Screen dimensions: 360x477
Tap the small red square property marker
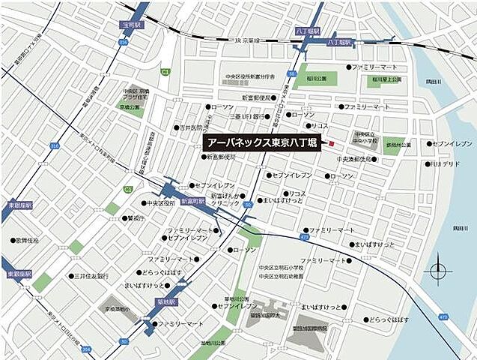tap(334, 143)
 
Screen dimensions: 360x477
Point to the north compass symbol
tap(437, 271)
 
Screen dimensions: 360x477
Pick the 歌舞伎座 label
tap(28, 241)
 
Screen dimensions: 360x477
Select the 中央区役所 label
tap(160, 203)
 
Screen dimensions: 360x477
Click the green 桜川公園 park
tap(306, 79)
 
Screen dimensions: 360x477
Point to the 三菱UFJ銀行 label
tap(245, 116)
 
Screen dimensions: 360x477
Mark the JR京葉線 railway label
tap(247, 40)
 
